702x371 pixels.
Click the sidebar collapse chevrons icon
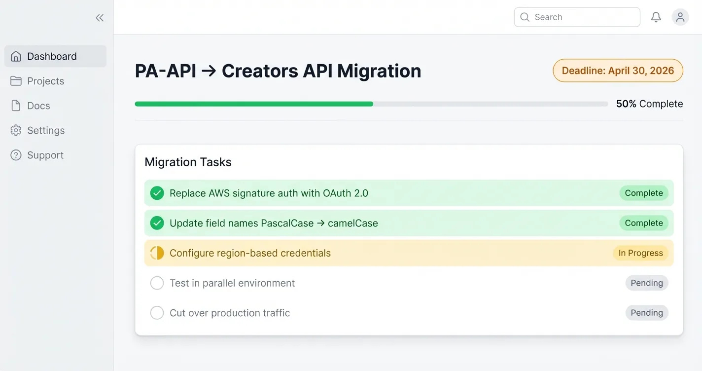(x=100, y=18)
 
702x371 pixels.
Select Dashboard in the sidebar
(x=52, y=56)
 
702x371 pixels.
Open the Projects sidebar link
(x=45, y=81)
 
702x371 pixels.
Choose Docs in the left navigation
(x=38, y=106)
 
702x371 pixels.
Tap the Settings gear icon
(x=16, y=130)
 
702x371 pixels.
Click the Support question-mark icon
(x=16, y=155)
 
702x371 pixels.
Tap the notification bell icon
(x=656, y=17)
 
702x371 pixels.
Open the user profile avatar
(x=680, y=17)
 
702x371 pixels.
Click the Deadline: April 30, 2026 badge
(x=618, y=71)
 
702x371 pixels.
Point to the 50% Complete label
(x=649, y=104)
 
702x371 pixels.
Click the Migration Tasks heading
(x=188, y=162)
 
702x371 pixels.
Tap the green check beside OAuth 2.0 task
(x=157, y=193)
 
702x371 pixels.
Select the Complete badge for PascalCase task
(x=644, y=223)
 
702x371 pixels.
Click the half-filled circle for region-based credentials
(x=157, y=253)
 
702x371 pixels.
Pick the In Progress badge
(x=640, y=253)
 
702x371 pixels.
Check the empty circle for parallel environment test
(x=157, y=283)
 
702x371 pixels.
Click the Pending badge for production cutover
(x=647, y=313)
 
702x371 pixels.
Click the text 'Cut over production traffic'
(x=230, y=313)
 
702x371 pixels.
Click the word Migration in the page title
(x=379, y=71)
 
